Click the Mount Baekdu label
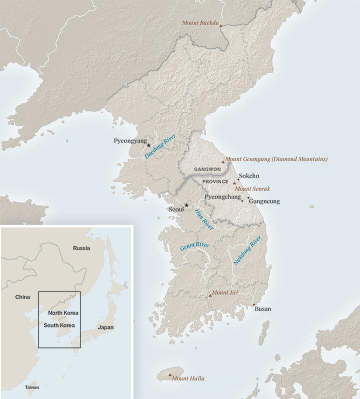click(200, 22)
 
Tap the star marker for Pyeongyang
click(149, 145)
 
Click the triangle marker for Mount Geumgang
click(223, 161)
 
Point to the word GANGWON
click(207, 169)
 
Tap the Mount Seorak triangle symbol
click(234, 184)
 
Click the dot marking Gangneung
click(248, 198)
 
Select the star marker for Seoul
click(186, 205)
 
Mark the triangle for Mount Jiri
click(210, 295)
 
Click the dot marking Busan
click(254, 304)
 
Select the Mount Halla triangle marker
click(170, 375)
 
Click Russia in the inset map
click(81, 248)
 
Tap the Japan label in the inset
click(105, 327)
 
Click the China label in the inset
click(23, 297)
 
